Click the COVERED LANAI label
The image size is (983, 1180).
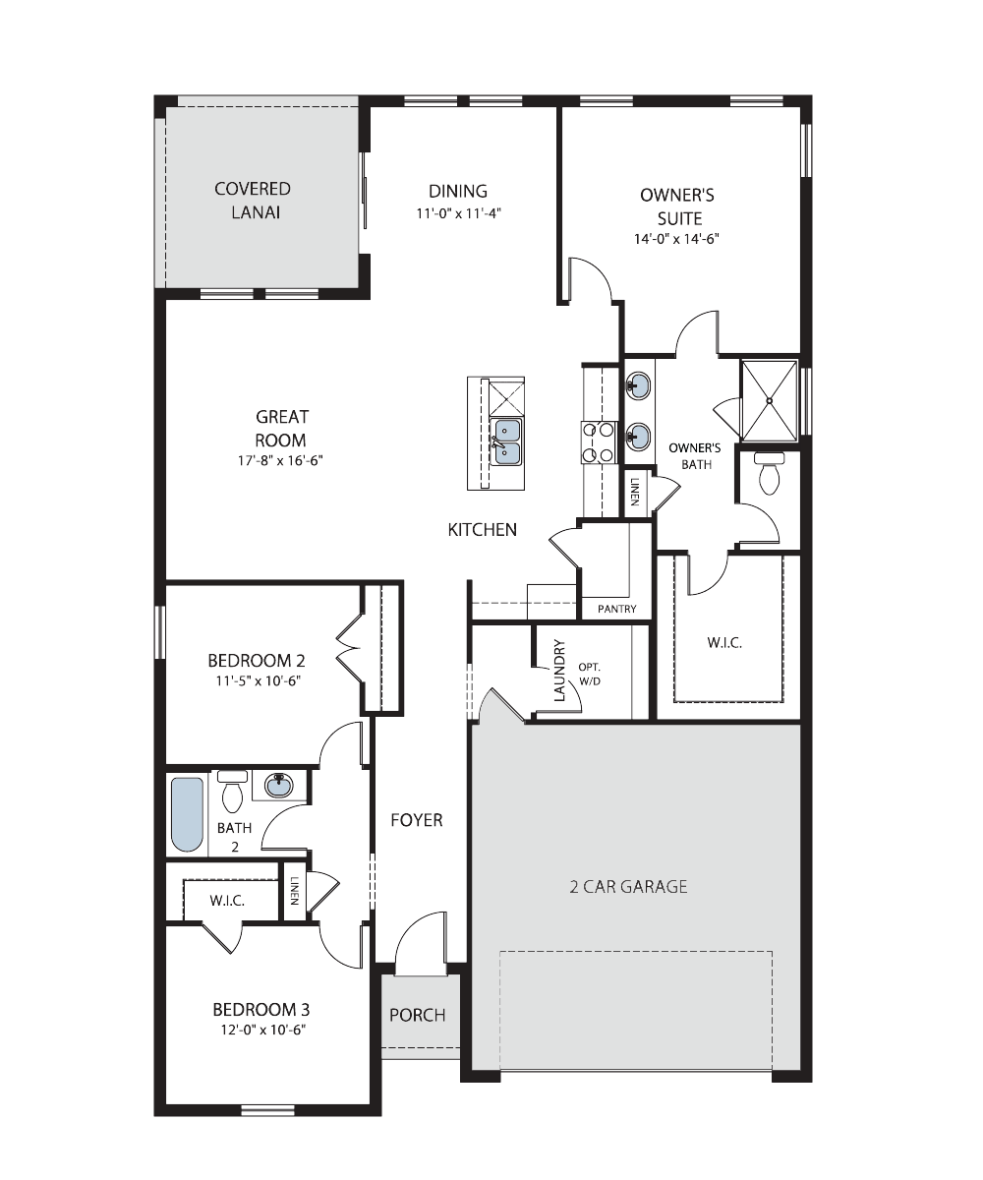253,200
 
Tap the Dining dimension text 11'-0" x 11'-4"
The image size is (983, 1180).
459,213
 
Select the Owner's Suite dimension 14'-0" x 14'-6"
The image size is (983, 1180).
676,239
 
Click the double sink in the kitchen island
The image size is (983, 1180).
505,442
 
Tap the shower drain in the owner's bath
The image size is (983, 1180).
769,400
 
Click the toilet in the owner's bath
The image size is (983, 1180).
769,473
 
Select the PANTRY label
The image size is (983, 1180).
617,609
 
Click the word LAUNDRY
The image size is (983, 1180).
559,671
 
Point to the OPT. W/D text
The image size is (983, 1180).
589,675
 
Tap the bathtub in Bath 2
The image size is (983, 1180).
187,814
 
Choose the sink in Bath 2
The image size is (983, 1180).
279,785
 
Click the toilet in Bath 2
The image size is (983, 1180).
232,792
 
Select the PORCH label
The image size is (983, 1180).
418,1015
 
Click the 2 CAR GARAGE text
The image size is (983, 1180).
628,886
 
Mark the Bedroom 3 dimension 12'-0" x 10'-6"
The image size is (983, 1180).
263,1030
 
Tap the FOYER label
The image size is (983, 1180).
417,820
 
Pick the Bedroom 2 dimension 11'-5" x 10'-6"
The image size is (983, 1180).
258,680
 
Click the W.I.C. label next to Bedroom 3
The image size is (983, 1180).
227,901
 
